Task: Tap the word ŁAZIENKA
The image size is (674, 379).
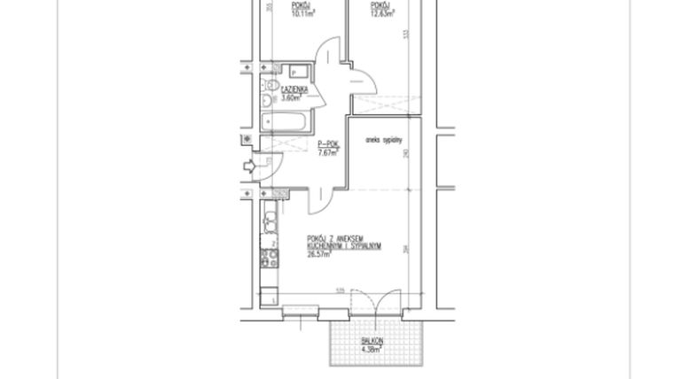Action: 294,90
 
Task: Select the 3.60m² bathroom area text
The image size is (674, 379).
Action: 292,98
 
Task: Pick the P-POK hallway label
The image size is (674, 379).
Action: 328,144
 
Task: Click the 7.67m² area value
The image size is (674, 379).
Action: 328,152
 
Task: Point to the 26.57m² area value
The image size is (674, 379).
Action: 318,254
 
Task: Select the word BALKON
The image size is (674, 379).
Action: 372,342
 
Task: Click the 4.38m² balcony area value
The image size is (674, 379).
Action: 372,350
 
